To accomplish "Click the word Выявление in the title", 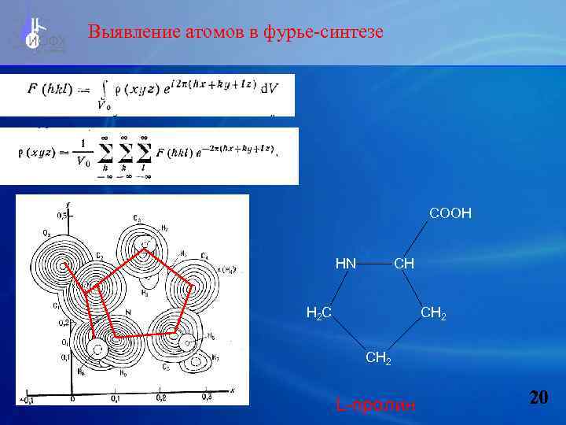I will tap(132, 32).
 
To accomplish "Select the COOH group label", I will tap(450, 213).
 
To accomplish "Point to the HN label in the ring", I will tap(346, 263).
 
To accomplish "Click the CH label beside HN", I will tap(404, 263).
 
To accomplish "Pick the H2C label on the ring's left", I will tap(318, 313).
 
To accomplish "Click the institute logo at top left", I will tap(36, 35).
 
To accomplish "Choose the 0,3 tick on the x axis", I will tap(207, 397).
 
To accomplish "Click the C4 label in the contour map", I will tap(204, 257).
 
